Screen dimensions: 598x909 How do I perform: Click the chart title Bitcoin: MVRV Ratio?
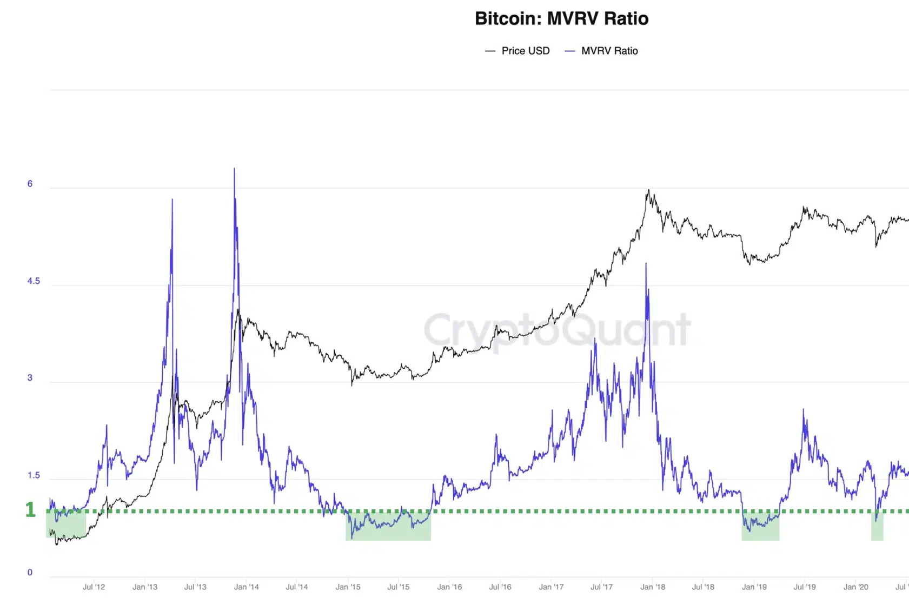click(x=561, y=18)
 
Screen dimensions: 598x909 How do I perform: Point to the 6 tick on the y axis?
click(x=30, y=184)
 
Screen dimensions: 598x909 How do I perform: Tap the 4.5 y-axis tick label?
click(x=34, y=281)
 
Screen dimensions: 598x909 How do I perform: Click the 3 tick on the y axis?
click(x=30, y=378)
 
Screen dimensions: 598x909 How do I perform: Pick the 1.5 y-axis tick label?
click(x=34, y=475)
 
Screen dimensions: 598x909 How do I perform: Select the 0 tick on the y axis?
click(x=30, y=573)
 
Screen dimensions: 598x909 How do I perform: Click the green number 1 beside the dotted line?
click(x=30, y=510)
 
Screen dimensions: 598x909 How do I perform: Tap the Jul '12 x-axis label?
click(x=94, y=587)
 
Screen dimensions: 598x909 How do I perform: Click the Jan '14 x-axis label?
click(x=246, y=587)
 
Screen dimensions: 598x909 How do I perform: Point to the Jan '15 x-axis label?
click(x=348, y=587)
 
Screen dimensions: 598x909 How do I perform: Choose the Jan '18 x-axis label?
click(x=653, y=587)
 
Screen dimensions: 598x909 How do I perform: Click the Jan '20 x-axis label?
click(x=855, y=587)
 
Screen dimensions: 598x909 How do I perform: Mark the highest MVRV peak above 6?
click(x=234, y=169)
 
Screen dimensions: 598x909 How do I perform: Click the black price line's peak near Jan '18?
click(x=649, y=190)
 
